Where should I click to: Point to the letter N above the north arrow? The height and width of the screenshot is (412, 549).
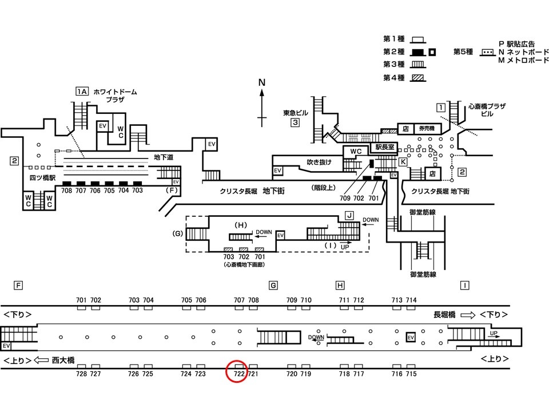(x=262, y=82)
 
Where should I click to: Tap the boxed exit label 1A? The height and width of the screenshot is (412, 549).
(x=82, y=92)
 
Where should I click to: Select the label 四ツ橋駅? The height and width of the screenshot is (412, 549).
(x=42, y=178)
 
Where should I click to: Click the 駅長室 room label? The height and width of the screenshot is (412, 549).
(x=385, y=147)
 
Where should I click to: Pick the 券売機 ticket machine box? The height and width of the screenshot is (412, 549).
(x=427, y=129)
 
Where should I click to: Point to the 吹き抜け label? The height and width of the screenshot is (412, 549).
(x=319, y=162)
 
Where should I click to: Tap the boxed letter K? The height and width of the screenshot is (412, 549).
(x=403, y=161)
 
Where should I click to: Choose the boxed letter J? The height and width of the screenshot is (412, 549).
(x=349, y=215)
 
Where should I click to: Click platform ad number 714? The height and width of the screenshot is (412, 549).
(x=411, y=300)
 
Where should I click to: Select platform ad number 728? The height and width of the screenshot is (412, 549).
(x=81, y=374)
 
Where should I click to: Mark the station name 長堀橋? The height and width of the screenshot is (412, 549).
(x=444, y=315)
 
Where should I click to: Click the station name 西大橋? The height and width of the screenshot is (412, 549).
(x=63, y=360)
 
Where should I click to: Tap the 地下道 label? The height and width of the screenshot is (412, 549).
(x=164, y=157)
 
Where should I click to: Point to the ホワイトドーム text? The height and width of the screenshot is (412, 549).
(x=115, y=92)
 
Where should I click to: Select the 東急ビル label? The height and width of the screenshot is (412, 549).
(x=296, y=113)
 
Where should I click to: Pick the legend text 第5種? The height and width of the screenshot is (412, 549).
(x=463, y=52)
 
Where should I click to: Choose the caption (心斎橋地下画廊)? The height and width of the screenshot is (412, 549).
(x=244, y=264)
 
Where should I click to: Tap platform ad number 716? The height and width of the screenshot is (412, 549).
(x=397, y=374)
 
